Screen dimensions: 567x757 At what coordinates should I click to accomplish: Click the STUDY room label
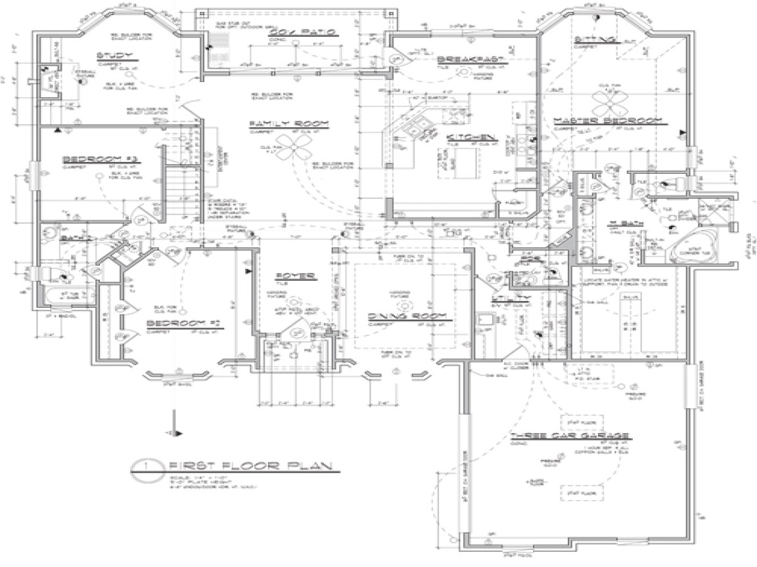point(110,56)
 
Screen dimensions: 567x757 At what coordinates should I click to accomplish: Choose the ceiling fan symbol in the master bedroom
point(603,100)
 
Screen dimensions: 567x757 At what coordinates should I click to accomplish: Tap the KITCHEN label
point(471,137)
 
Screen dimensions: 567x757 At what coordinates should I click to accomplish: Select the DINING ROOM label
point(411,316)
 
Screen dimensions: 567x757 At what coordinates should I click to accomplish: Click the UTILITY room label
point(507,298)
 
